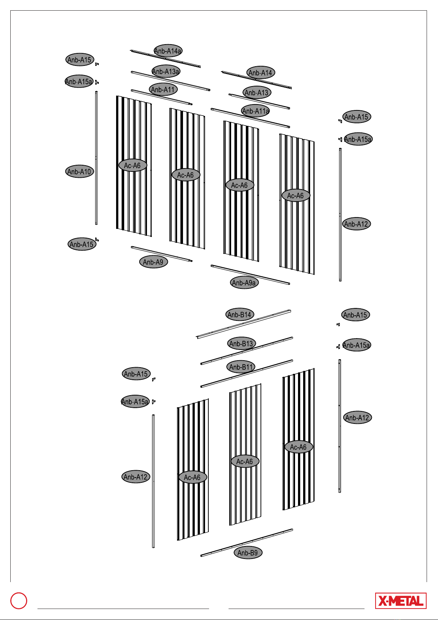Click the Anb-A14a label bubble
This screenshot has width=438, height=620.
[x=168, y=51]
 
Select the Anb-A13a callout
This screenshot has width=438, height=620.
[x=166, y=71]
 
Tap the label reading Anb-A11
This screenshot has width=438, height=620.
[x=163, y=89]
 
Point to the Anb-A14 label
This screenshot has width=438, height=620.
[x=261, y=72]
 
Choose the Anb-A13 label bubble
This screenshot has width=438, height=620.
[x=257, y=92]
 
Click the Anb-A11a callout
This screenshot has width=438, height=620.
[x=256, y=111]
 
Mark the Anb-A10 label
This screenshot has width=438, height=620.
[x=80, y=171]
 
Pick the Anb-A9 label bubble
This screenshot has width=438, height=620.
[x=153, y=262]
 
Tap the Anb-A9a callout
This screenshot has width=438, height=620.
[x=244, y=282]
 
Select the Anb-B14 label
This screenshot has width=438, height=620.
[x=240, y=314]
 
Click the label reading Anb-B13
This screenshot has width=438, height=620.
[x=241, y=343]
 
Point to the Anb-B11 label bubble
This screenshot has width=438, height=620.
[x=241, y=367]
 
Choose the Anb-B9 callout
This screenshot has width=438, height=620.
[x=248, y=552]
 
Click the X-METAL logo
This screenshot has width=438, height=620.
[x=401, y=600]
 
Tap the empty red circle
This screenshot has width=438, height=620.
[x=19, y=600]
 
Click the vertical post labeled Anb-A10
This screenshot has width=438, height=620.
[x=96, y=158]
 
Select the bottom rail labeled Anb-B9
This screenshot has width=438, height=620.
[x=247, y=542]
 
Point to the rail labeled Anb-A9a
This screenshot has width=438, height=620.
[x=250, y=274]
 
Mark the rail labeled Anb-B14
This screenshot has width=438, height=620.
[x=244, y=324]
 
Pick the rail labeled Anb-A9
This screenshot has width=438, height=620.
[x=162, y=254]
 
